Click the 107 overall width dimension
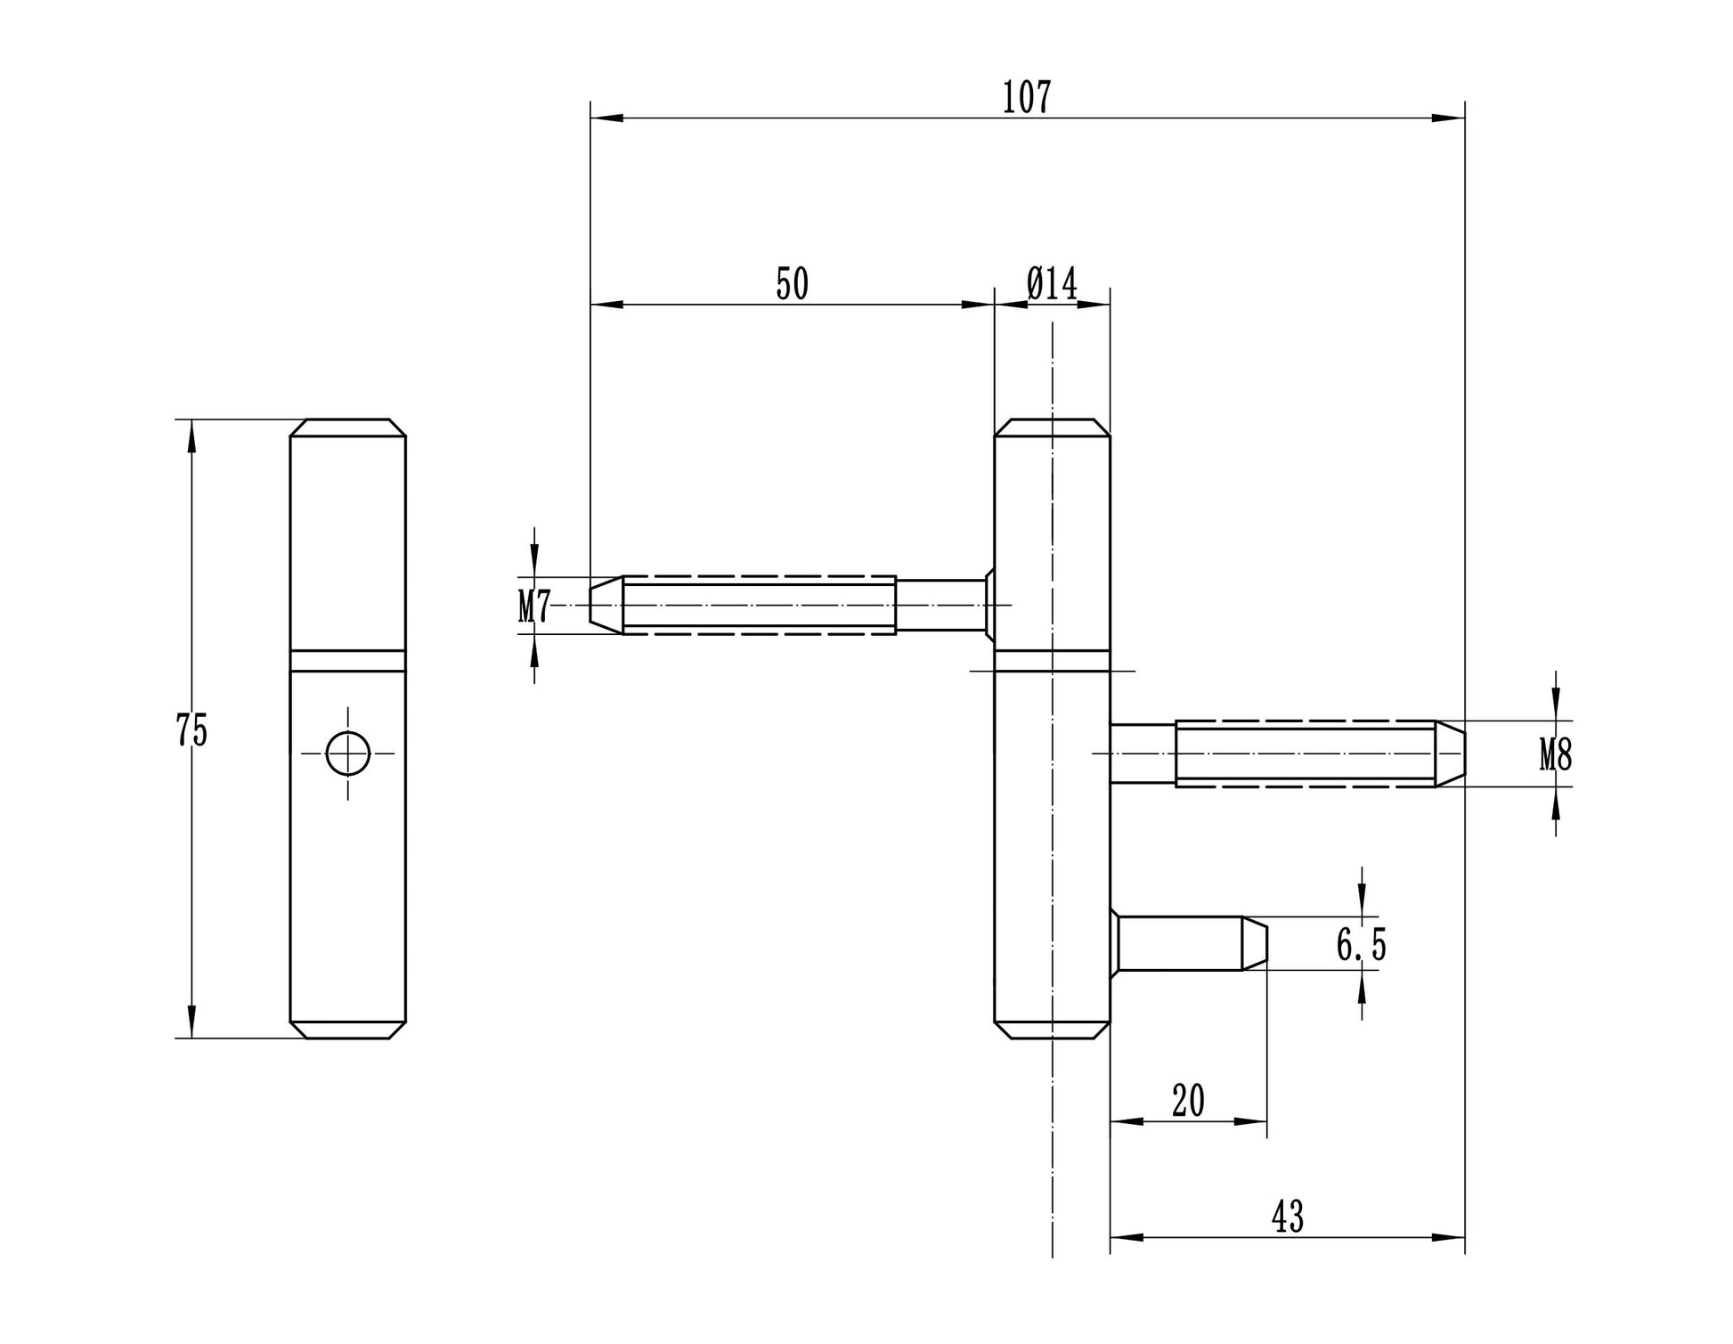pos(1027,97)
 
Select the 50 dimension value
pos(792,284)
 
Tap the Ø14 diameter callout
pos(1052,284)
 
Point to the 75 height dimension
pos(191,730)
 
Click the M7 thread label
pos(534,607)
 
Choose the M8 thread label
pos(1556,755)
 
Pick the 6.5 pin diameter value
pos(1361,944)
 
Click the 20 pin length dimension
pos(1188,1101)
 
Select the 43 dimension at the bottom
pos(1288,1217)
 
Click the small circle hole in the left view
pos(347,753)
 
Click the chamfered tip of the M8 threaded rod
pos(1450,753)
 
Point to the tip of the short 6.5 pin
pos(1254,944)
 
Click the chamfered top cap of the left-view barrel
pos(347,428)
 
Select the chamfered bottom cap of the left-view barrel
pos(347,1030)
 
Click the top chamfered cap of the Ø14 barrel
pos(1052,428)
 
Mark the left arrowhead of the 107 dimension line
pos(606,118)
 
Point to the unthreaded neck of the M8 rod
pos(1143,753)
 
